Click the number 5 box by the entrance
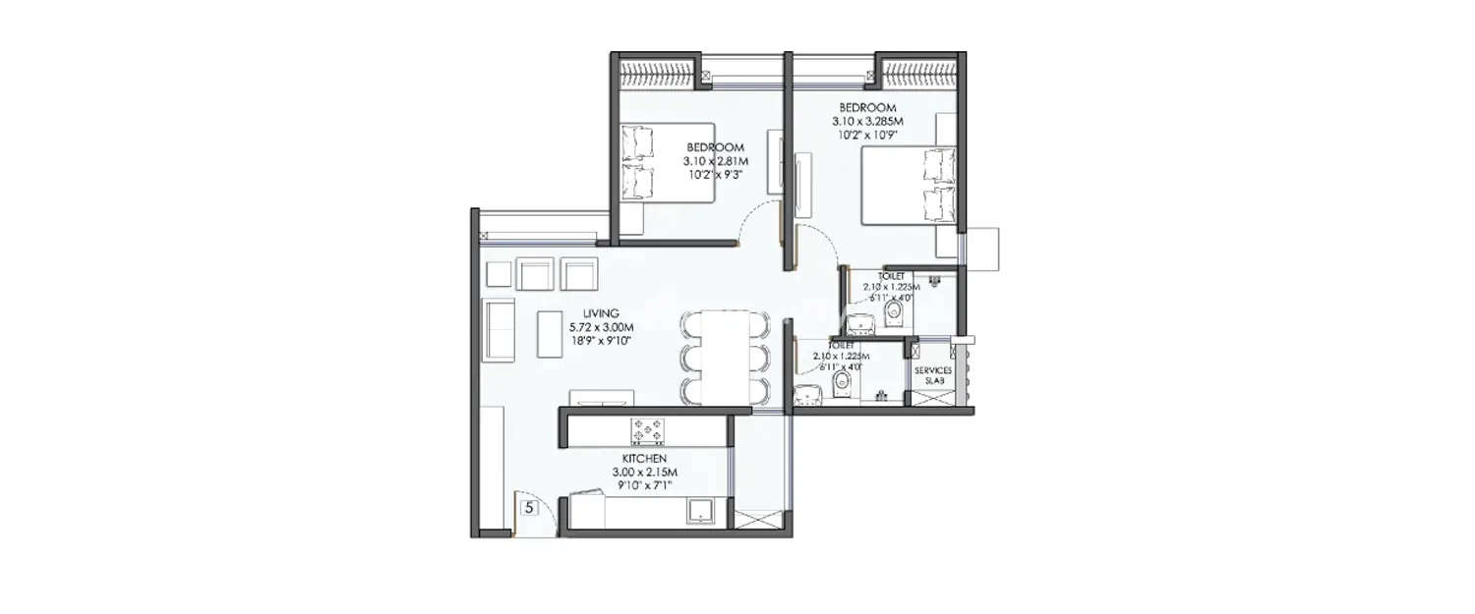coord(530,508)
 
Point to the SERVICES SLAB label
coord(932,376)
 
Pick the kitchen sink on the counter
coord(703,510)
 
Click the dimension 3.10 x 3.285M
coord(866,121)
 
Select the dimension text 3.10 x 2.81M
coord(716,161)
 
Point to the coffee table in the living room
coord(548,335)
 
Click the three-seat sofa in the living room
coord(501,330)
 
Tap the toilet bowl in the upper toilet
coord(894,313)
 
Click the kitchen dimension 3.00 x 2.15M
coord(644,473)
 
